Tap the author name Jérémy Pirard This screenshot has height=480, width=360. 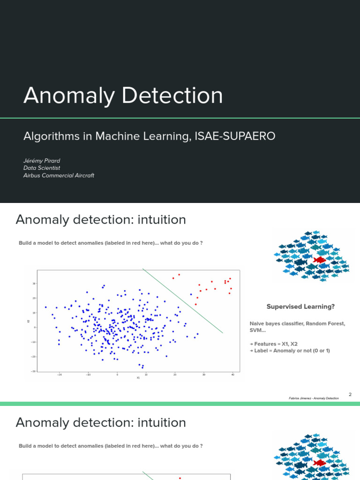42,161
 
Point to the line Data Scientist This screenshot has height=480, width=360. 42,168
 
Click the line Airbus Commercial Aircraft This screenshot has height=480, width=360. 59,175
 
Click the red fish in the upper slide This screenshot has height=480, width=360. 320,260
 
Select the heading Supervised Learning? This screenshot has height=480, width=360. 300,307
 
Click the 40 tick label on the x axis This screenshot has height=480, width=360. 232,375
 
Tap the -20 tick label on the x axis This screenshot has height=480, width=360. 60,375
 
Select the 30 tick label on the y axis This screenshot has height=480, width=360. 34,284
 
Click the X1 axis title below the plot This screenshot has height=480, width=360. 138,378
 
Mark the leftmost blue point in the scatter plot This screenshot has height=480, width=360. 45,307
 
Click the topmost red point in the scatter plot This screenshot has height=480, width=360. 179,275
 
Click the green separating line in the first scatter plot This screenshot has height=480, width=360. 183,301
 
